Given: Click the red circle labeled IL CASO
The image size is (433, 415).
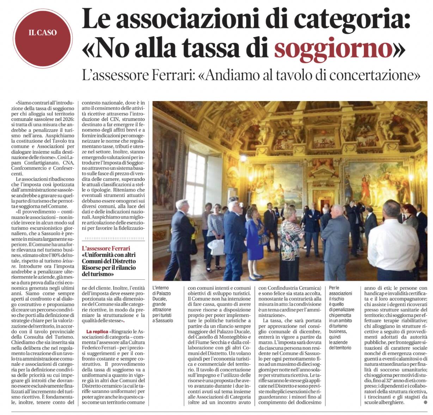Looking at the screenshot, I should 42,33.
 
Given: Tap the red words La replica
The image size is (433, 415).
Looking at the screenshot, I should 97,332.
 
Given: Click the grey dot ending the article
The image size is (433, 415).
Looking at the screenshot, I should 426,402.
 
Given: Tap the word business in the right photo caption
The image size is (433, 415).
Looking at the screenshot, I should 337,332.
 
